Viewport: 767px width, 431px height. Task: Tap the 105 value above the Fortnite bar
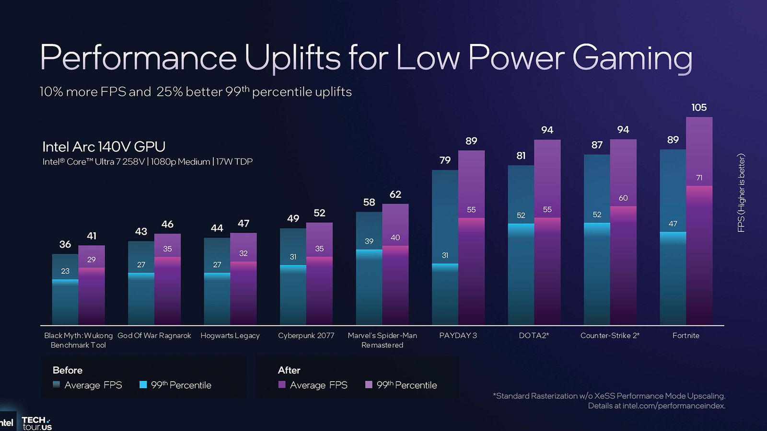[699, 108]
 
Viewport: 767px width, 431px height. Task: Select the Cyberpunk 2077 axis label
[306, 336]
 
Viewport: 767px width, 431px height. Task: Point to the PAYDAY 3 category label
[458, 336]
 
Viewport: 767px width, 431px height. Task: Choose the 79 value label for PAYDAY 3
[445, 160]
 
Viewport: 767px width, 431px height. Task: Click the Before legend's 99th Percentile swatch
[143, 385]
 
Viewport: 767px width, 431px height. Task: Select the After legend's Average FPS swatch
[282, 385]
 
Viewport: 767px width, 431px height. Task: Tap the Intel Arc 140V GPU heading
[104, 147]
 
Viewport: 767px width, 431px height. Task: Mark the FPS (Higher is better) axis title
[741, 193]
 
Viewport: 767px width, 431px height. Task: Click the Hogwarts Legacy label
[230, 336]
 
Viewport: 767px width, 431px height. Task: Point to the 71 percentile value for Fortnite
[699, 178]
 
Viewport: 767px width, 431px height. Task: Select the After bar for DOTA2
[547, 268]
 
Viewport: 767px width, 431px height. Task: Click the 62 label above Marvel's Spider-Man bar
[395, 194]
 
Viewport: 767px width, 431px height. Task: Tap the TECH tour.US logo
[37, 423]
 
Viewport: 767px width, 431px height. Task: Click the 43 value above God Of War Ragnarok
[141, 232]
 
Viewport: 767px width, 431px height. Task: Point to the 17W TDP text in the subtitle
[234, 162]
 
